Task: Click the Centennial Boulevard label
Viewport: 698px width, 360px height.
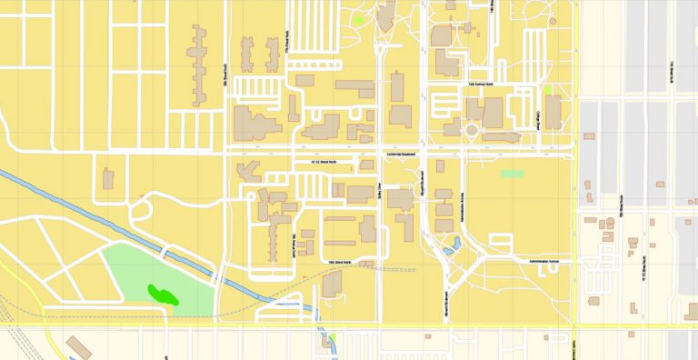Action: (401, 154)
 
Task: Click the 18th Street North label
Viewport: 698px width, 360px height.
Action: (224, 77)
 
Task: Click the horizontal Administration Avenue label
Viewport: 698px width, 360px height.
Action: (545, 262)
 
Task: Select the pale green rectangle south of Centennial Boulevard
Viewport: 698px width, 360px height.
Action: (512, 173)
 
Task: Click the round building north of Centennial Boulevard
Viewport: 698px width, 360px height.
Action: (472, 130)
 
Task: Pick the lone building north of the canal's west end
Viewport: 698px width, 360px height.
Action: (108, 179)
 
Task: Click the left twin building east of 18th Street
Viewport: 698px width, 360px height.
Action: (245, 49)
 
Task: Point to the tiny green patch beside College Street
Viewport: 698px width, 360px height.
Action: (545, 90)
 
